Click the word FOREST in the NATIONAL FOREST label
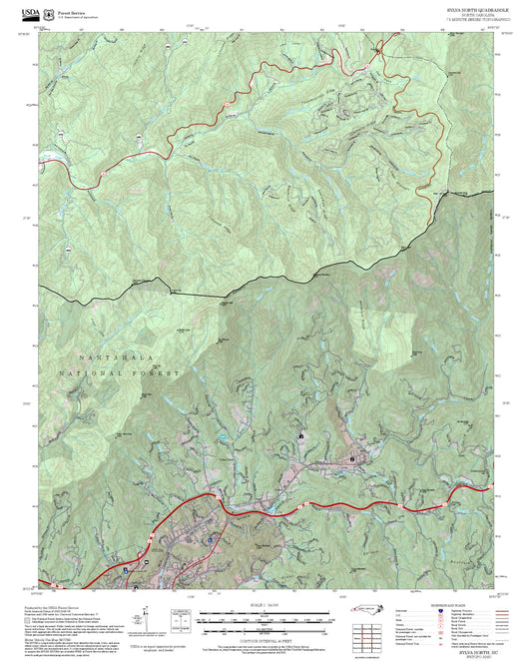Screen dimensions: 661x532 click(159, 372)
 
